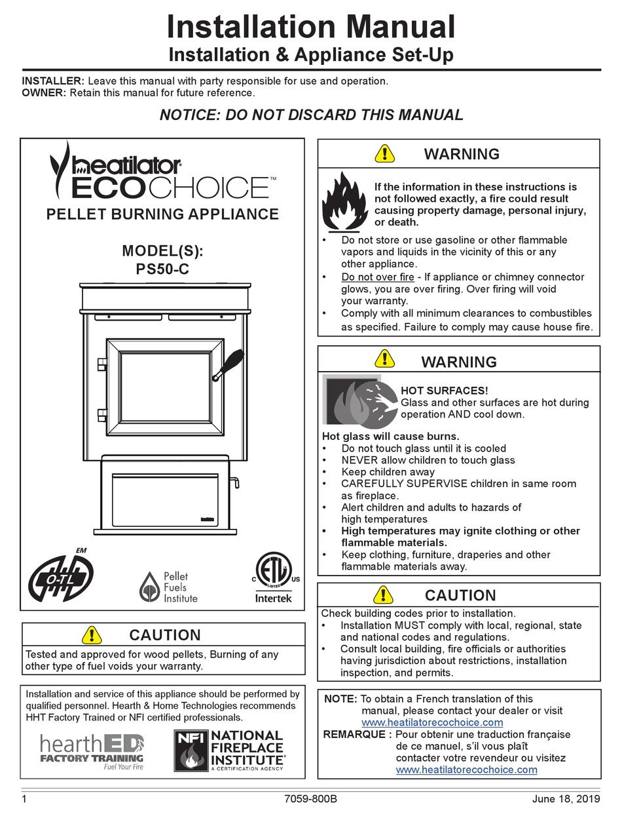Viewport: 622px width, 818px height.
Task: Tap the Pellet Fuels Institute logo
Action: pos(168,586)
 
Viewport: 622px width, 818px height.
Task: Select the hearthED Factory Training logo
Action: pos(91,751)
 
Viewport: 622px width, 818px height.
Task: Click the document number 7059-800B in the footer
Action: pos(312,799)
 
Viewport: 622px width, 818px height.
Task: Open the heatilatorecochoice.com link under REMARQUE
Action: pos(466,769)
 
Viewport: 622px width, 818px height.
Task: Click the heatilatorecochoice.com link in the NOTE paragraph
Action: pos(432,722)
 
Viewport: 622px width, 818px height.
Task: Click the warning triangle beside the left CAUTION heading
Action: pos(93,634)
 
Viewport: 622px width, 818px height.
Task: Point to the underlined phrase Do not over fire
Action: pos(377,277)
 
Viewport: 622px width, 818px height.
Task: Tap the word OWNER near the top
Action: pos(44,92)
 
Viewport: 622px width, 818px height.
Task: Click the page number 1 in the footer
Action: pos(24,799)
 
